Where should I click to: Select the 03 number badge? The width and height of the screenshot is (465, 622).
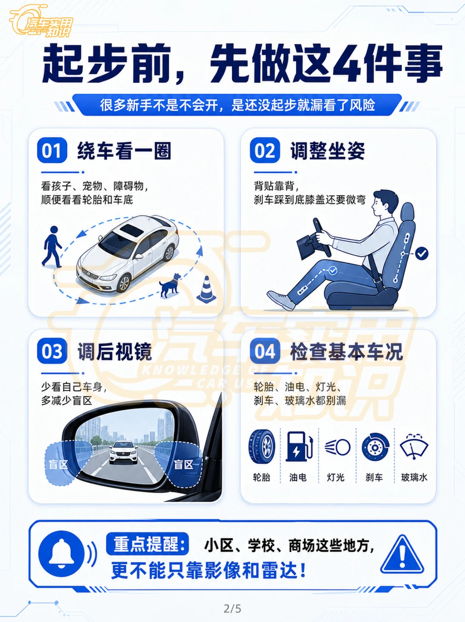coord(52,351)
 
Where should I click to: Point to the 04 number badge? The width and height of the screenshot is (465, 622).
coord(265,351)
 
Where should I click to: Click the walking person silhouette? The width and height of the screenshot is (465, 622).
coord(52,247)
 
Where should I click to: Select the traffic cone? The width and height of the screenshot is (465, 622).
coord(206,289)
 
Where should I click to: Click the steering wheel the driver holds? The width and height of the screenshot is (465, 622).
coord(322,237)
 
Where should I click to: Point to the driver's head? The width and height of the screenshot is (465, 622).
coord(384,204)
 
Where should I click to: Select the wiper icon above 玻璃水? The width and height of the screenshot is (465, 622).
coord(414,446)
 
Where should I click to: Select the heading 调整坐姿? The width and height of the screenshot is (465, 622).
coord(328,151)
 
